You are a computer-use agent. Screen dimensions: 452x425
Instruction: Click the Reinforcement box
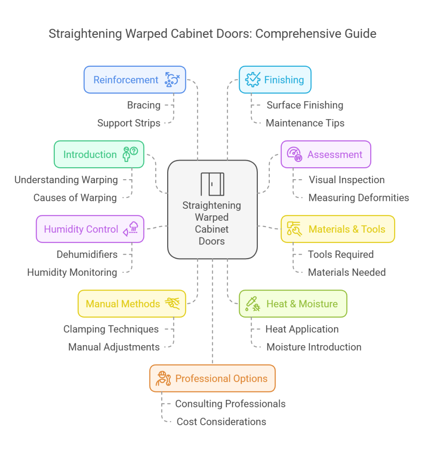135,80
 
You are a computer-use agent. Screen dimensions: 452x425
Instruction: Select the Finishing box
275,80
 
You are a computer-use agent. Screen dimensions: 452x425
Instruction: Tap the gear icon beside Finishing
253,79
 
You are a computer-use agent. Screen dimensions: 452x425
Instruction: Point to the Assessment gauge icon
294,154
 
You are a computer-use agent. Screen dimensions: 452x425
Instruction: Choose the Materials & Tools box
338,229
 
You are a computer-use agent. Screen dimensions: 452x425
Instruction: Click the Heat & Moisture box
293,304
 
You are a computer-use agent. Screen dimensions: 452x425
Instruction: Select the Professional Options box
212,378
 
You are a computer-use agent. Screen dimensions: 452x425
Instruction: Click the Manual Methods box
132,304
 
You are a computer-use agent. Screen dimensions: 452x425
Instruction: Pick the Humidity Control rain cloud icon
132,229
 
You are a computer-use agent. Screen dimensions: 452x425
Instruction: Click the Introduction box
99,154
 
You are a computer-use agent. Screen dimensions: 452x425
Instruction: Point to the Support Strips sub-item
129,123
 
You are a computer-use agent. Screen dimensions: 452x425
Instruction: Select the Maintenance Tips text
305,123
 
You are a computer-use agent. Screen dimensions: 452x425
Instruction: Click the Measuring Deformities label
358,198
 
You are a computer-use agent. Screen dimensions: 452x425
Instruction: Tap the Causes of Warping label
75,198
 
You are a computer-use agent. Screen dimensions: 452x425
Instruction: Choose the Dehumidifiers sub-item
87,255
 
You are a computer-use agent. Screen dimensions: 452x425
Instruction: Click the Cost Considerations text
221,422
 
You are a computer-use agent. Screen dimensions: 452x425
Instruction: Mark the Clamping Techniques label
111,329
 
